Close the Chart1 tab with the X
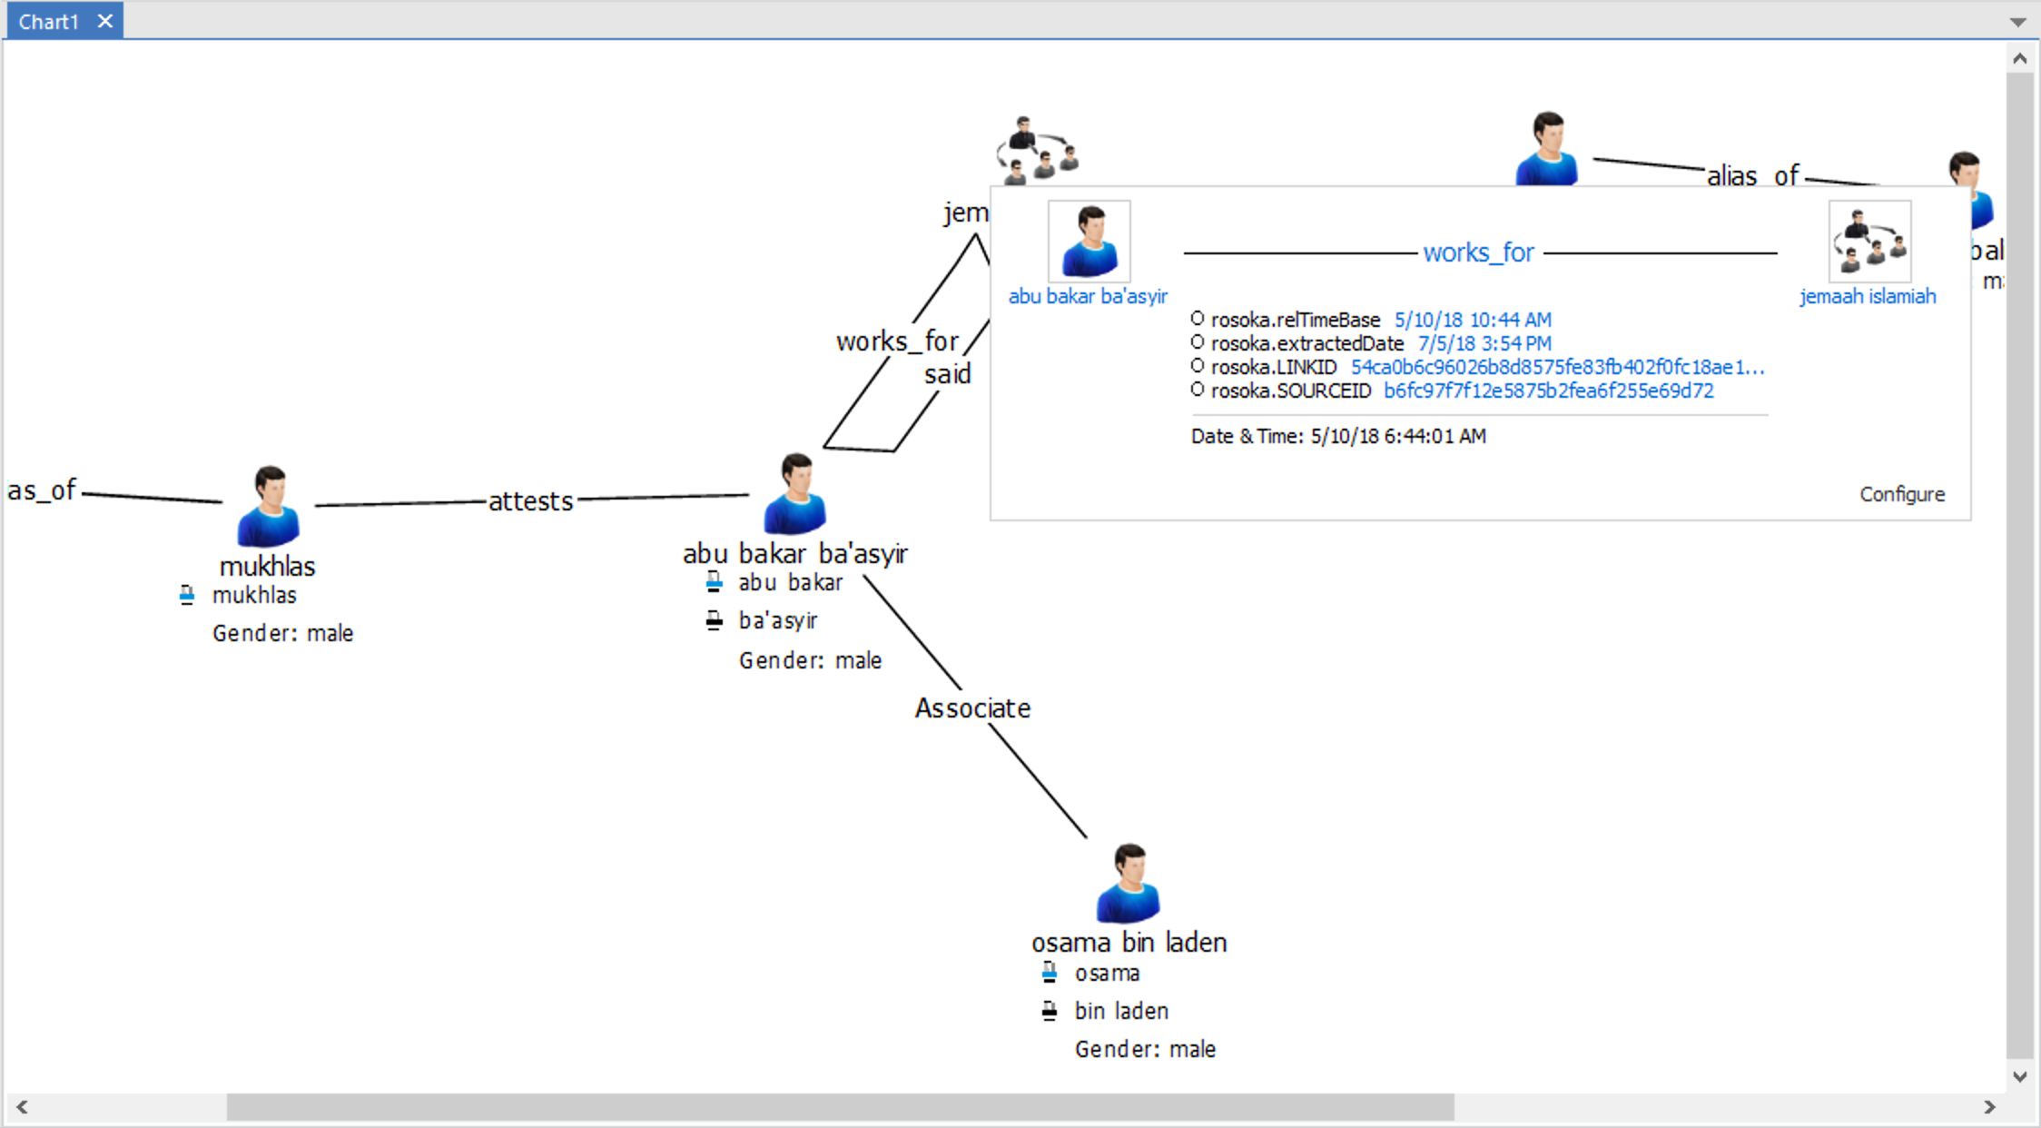coord(105,21)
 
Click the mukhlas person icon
coord(268,507)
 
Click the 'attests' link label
coord(531,501)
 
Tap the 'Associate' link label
coord(972,708)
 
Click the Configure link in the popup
coord(1902,494)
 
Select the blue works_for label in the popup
coord(1478,252)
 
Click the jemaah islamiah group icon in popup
coord(1869,242)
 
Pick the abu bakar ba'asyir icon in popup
coord(1089,242)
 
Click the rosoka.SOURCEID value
coord(1548,391)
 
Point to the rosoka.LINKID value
coord(1557,368)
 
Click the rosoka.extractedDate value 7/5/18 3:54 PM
coord(1484,344)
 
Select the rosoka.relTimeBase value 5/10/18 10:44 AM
coord(1473,321)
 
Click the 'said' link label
coord(947,374)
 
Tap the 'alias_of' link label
coord(1752,175)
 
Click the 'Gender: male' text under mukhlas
coord(282,633)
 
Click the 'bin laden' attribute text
coord(1121,1011)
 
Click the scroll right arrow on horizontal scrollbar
coord(1989,1107)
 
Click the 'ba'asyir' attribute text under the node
coord(778,621)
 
